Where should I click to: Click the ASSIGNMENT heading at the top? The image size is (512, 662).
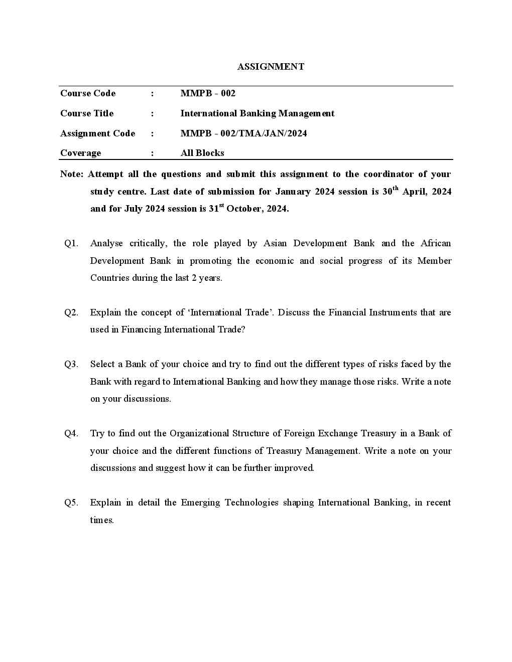coord(271,67)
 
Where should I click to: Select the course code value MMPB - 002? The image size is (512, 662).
coord(208,93)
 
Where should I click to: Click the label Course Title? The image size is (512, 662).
coord(87,113)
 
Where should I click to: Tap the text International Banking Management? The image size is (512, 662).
coord(257,113)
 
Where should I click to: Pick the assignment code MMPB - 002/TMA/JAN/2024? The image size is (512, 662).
coord(243,133)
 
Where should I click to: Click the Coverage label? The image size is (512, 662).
coord(80,153)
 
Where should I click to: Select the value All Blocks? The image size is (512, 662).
coord(202,153)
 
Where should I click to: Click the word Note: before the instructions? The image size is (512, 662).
coord(71,174)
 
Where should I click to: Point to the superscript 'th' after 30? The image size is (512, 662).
coord(396,188)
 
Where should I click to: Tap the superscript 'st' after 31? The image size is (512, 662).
coord(221,205)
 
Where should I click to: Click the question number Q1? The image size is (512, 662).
coord(71,243)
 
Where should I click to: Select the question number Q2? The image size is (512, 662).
coord(71,312)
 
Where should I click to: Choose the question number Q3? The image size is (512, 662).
coord(71,364)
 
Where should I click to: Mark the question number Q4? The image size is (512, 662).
coord(71,433)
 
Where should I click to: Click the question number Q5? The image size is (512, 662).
coord(71,503)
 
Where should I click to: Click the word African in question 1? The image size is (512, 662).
coord(436,243)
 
